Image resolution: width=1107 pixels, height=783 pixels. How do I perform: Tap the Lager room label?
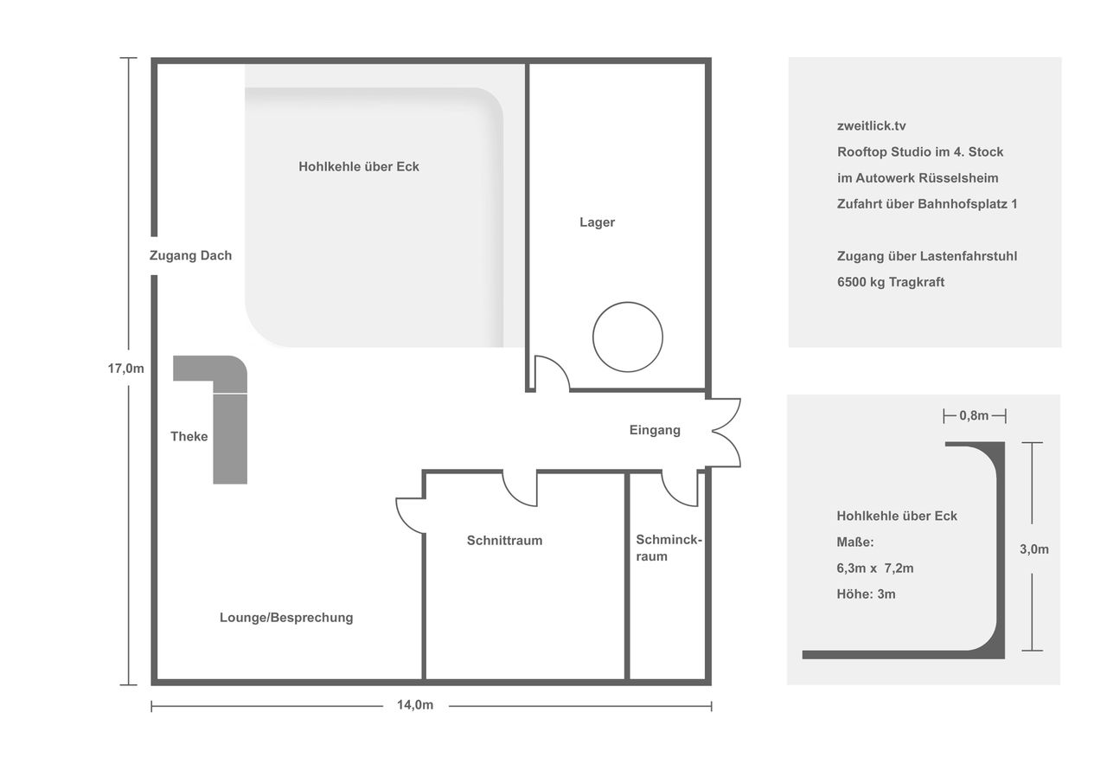coord(597,222)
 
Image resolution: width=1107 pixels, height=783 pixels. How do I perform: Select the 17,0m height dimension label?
coord(126,369)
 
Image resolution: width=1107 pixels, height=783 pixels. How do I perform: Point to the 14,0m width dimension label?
coord(415,705)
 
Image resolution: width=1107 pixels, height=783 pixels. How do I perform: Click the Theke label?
coord(189,436)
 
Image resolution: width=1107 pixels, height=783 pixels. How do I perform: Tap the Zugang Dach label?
coord(191,255)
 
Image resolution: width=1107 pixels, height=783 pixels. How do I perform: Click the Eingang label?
coord(655,430)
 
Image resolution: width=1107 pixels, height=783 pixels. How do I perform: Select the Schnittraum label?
coord(504,540)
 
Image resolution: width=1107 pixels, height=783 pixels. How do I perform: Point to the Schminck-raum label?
coord(669,548)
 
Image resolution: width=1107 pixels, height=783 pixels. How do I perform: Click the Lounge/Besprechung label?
coord(286,618)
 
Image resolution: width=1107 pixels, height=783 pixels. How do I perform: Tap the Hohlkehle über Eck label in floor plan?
coord(359,167)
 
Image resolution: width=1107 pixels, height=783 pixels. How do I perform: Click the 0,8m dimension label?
coord(974,415)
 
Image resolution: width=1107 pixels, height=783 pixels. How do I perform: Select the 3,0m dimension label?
coord(1034,549)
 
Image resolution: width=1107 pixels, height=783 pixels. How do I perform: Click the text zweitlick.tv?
coord(871,126)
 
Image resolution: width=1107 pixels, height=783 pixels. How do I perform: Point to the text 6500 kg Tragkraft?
coord(891,282)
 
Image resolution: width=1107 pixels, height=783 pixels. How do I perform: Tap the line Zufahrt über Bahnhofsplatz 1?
coord(927,204)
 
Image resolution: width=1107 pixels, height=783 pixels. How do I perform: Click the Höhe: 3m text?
coord(866,594)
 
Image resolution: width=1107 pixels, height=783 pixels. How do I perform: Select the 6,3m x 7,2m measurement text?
coord(874,568)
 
